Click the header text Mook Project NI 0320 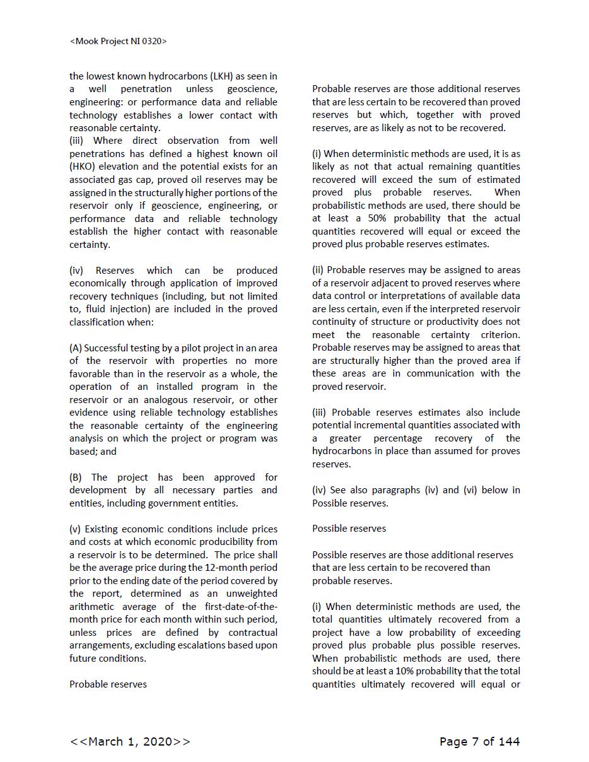pos(119,41)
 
